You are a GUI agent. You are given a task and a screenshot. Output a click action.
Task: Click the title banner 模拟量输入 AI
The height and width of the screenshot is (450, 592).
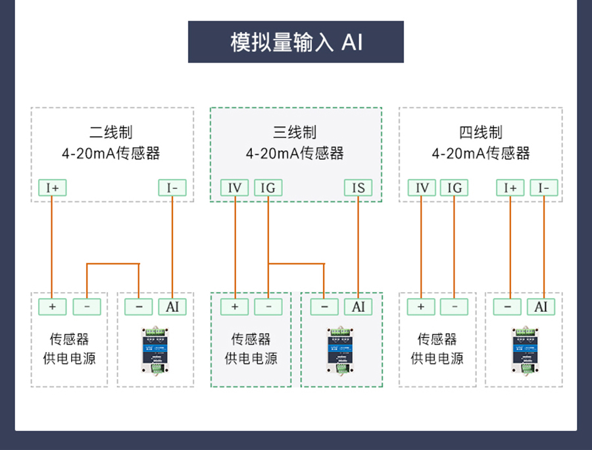[x=296, y=42]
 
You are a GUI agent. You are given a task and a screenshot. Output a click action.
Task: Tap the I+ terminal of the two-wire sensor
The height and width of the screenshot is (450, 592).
[x=52, y=188]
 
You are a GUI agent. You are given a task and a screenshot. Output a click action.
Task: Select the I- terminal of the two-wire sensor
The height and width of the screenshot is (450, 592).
[x=172, y=188]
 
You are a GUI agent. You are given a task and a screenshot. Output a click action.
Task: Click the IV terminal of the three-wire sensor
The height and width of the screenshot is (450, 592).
[x=234, y=188]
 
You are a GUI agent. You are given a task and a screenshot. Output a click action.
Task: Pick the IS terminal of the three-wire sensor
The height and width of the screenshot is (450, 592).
[x=358, y=188]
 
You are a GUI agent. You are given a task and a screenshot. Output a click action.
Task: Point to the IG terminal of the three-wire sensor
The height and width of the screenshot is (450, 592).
[x=268, y=188]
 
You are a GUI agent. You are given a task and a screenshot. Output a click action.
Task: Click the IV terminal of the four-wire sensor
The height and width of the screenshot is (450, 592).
[x=422, y=188]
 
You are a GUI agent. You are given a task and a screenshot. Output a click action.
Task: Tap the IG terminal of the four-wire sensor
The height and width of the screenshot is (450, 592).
[x=455, y=188]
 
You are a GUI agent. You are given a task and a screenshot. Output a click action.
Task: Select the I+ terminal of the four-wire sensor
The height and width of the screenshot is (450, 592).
[x=510, y=188]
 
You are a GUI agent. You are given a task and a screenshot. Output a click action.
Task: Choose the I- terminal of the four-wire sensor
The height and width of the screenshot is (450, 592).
[x=544, y=188]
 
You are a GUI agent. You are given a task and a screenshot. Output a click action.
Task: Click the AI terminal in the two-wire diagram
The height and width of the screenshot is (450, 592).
[x=172, y=307]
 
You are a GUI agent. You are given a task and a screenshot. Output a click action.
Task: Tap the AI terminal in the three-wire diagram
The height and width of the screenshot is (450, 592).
[x=358, y=307]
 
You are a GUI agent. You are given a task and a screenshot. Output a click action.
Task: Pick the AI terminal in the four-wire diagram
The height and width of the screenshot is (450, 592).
[x=541, y=307]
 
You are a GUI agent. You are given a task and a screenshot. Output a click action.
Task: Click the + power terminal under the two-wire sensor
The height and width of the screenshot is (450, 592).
[x=53, y=307]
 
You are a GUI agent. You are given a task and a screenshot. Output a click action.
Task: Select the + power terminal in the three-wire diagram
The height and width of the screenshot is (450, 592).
[x=235, y=307]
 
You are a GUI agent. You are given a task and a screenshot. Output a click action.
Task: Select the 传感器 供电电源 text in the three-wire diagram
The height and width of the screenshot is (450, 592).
[x=251, y=349]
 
